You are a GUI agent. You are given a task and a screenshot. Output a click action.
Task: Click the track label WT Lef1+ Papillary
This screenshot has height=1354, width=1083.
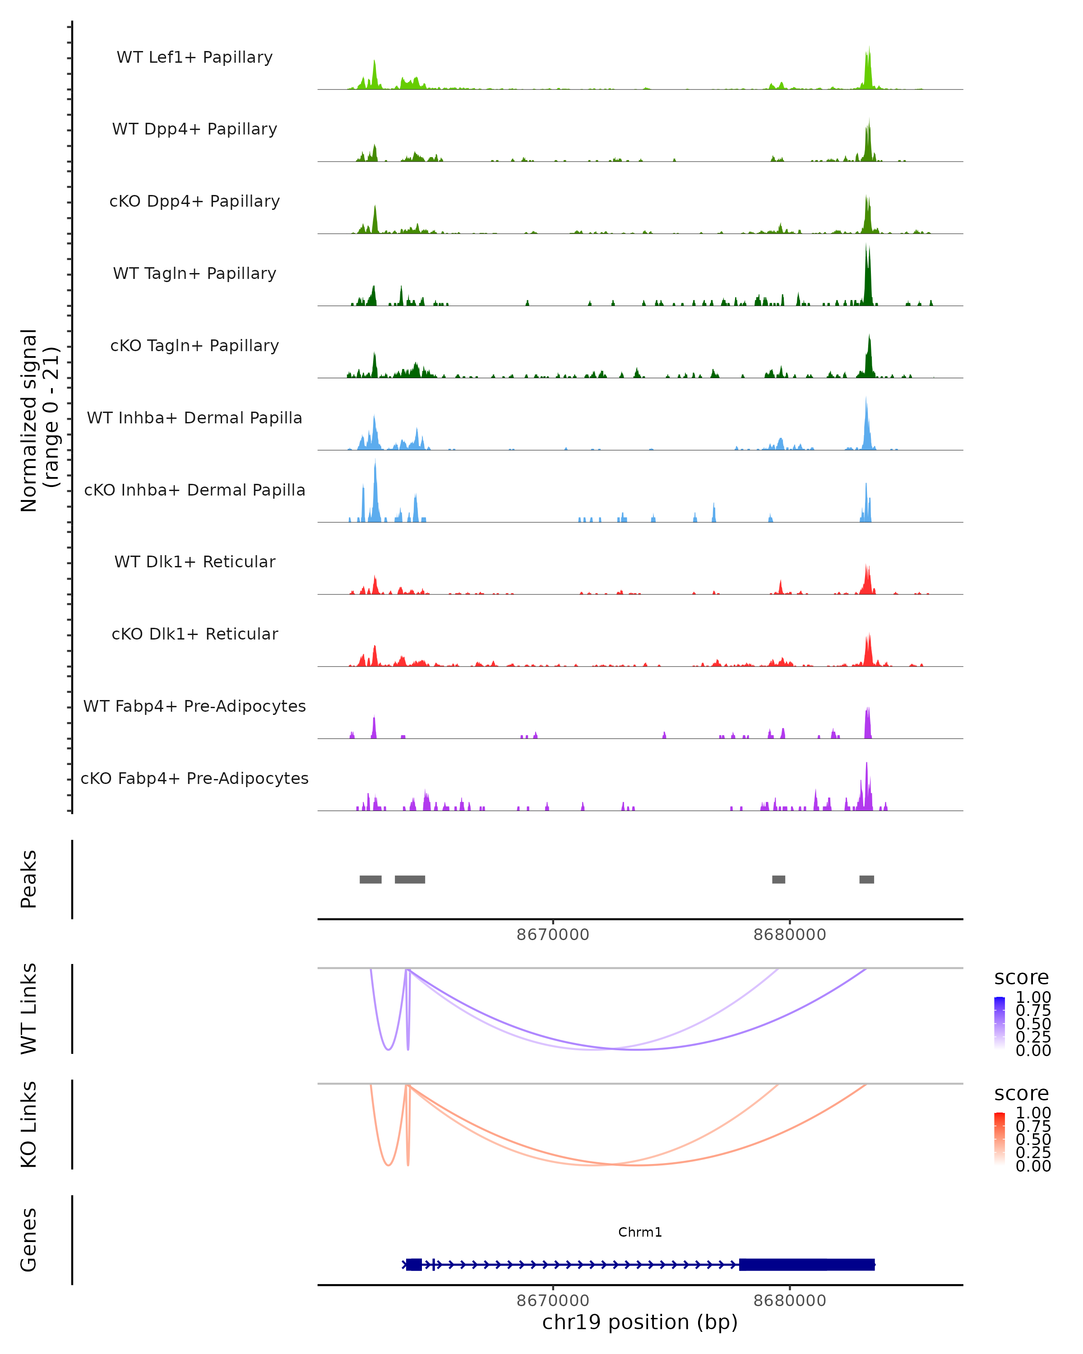click(x=194, y=57)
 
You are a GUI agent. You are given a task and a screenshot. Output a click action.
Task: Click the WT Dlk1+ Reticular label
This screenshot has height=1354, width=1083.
click(x=194, y=561)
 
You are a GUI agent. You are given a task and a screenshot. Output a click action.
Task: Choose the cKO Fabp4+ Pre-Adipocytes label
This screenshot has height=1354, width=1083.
click(x=194, y=778)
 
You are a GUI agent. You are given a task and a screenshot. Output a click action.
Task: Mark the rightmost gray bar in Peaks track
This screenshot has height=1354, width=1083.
click(x=866, y=879)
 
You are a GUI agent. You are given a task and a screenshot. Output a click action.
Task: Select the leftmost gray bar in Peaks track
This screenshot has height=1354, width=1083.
click(x=370, y=879)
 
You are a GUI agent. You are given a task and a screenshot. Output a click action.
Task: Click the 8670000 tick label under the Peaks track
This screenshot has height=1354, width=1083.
click(x=552, y=935)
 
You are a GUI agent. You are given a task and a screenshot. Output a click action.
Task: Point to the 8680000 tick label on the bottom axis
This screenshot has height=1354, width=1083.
click(x=789, y=1300)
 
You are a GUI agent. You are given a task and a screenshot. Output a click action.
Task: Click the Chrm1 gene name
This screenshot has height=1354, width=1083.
click(x=640, y=1232)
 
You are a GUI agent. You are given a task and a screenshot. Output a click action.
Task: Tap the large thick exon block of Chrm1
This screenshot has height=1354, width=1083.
click(x=807, y=1264)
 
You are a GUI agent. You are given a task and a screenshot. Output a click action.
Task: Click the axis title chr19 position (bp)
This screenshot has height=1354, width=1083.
click(x=640, y=1322)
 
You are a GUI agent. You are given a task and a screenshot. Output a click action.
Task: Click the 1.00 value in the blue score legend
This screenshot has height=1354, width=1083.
click(x=1033, y=997)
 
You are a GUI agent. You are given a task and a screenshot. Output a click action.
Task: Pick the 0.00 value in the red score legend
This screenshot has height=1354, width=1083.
click(x=1033, y=1166)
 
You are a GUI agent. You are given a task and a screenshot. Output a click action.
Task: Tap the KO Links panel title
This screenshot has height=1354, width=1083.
click(x=29, y=1124)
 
